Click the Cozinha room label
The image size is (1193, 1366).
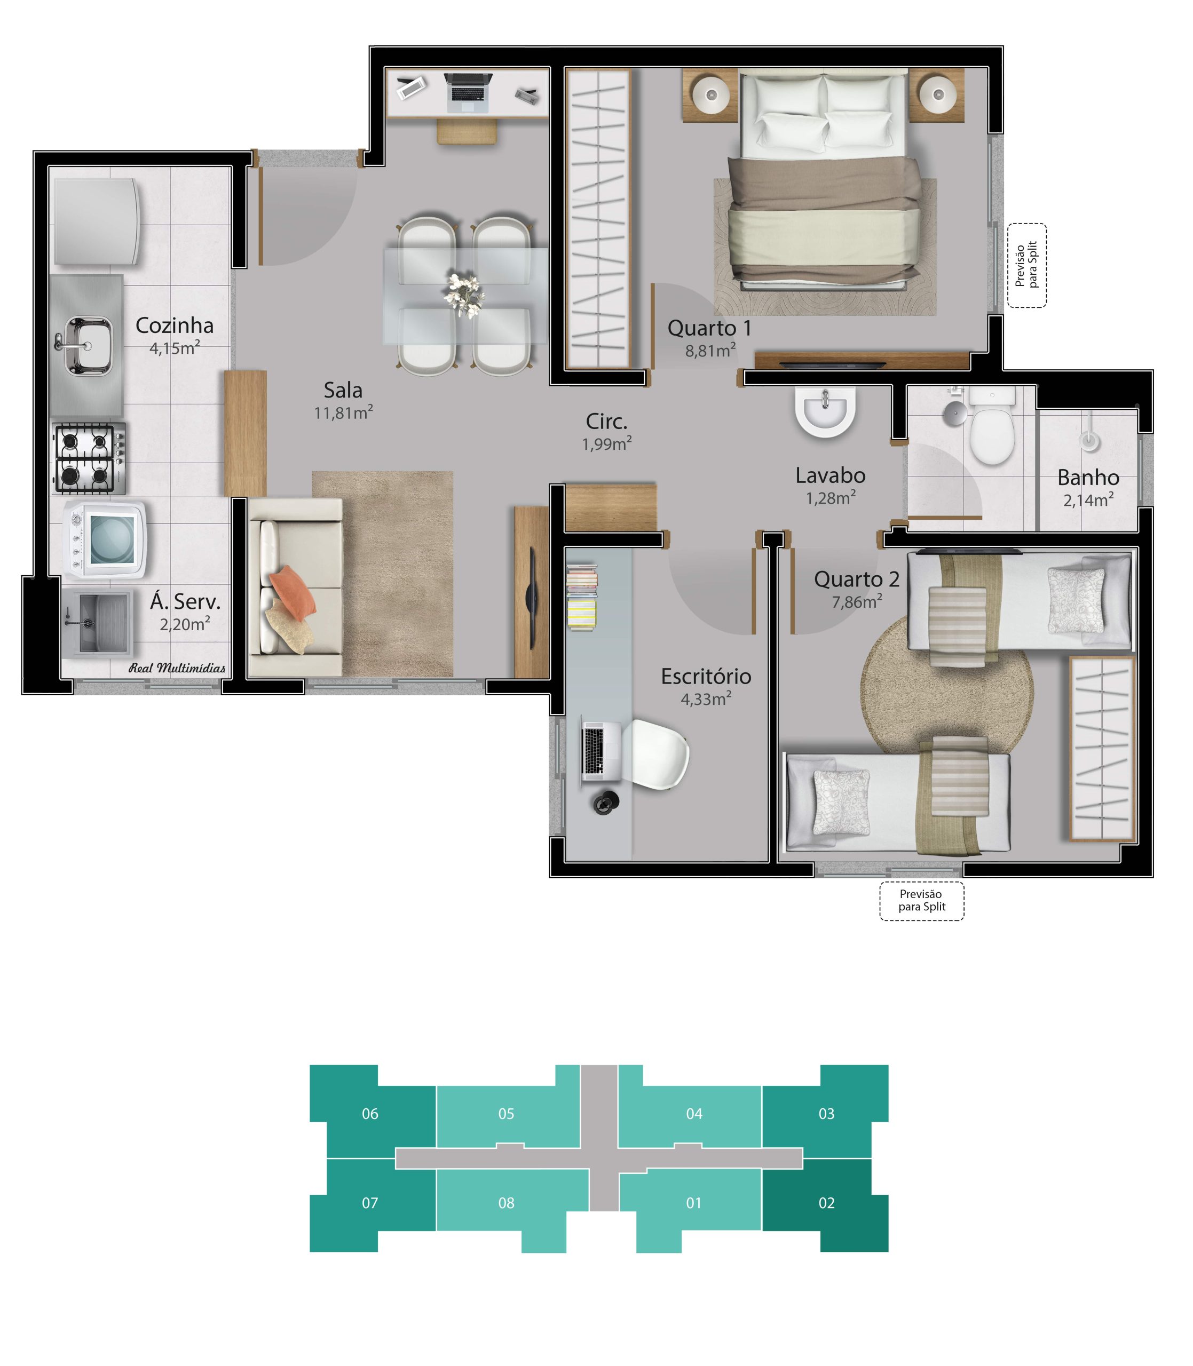(x=175, y=325)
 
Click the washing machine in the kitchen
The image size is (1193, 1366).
(x=105, y=538)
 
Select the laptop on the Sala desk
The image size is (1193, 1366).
(x=469, y=92)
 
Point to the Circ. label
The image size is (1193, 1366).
(x=606, y=421)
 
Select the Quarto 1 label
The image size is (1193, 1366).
(x=710, y=328)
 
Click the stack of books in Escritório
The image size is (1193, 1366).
(x=582, y=597)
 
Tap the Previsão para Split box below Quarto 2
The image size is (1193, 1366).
(x=921, y=901)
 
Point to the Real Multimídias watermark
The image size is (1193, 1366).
(x=177, y=668)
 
